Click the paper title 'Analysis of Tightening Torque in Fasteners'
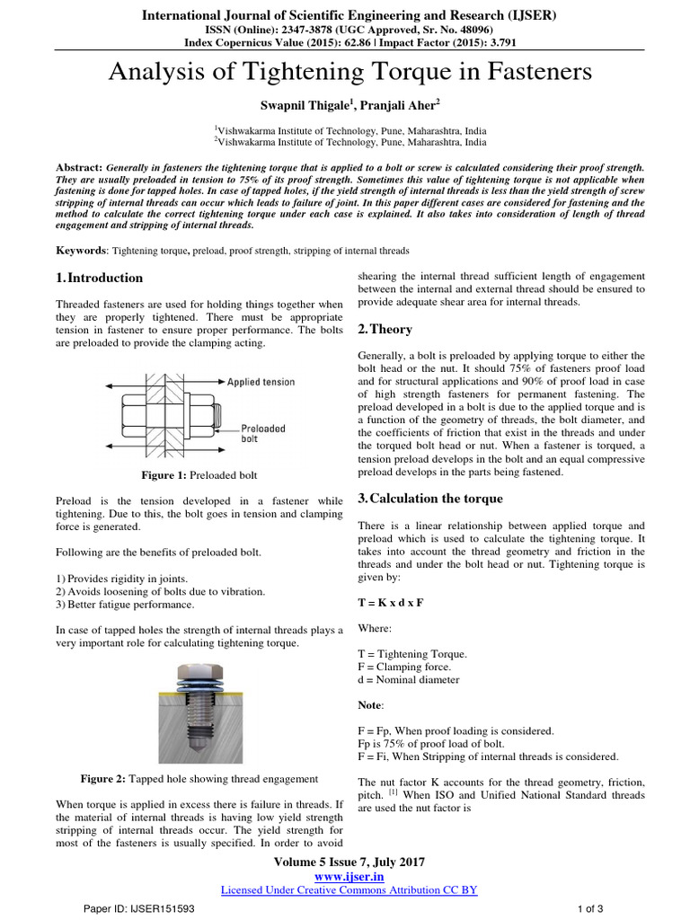(350, 72)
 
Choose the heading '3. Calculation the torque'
(430, 499)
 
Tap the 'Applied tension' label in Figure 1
(261, 382)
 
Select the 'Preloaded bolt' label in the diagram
(263, 434)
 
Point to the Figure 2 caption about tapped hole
(199, 778)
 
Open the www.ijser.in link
(349, 876)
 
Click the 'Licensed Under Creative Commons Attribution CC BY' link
(349, 889)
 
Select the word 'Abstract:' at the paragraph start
(79, 168)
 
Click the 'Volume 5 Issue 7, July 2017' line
(349, 862)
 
